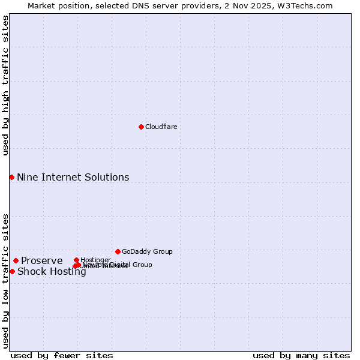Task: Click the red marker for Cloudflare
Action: click(141, 127)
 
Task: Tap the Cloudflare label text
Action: click(161, 127)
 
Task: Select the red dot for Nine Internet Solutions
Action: click(11, 177)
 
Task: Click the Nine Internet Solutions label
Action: click(73, 177)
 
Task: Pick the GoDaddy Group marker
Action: click(118, 251)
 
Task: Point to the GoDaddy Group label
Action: click(147, 251)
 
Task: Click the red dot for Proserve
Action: click(16, 260)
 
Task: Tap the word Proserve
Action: click(41, 260)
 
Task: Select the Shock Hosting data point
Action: click(12, 271)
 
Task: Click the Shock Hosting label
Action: click(52, 271)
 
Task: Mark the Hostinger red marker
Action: click(76, 260)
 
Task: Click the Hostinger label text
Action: click(95, 260)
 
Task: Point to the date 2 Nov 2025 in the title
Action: click(261, 5)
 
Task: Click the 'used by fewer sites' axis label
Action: click(62, 356)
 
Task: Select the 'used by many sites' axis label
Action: click(301, 356)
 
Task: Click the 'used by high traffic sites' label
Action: click(5, 85)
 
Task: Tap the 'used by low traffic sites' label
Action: click(5, 281)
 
